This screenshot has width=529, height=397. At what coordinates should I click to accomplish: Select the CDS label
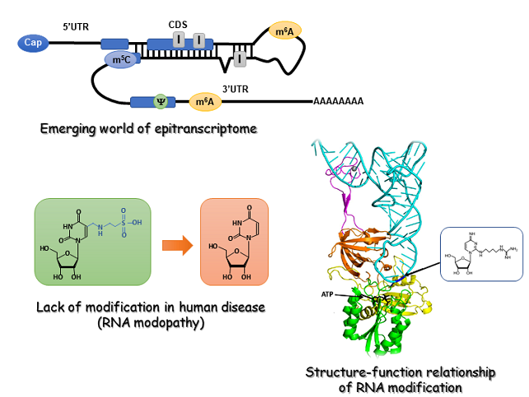tap(178, 25)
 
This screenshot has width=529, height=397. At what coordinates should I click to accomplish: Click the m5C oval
tap(121, 59)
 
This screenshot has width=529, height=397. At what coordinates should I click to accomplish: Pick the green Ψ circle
tap(162, 102)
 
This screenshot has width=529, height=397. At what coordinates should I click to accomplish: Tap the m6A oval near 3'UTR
tap(206, 102)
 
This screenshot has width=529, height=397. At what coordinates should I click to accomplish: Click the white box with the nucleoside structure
tap(480, 265)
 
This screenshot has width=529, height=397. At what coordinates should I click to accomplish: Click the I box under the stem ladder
tap(239, 59)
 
